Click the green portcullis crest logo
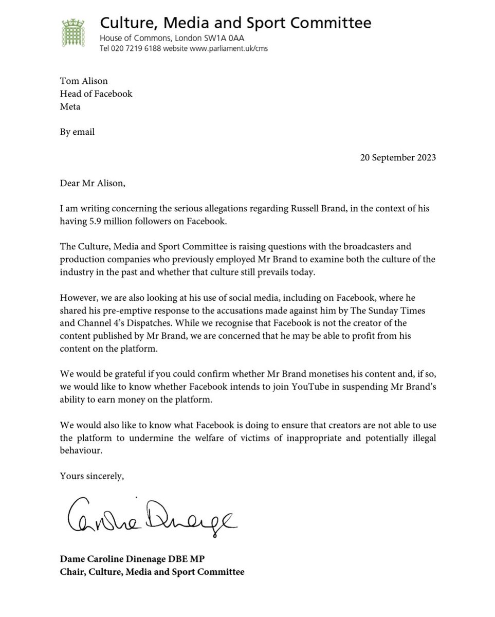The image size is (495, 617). coord(73,33)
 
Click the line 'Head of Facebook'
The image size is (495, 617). coord(96,94)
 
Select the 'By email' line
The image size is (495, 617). coord(78,132)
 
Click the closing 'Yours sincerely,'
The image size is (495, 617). coord(92,476)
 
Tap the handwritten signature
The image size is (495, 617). coord(152,515)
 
